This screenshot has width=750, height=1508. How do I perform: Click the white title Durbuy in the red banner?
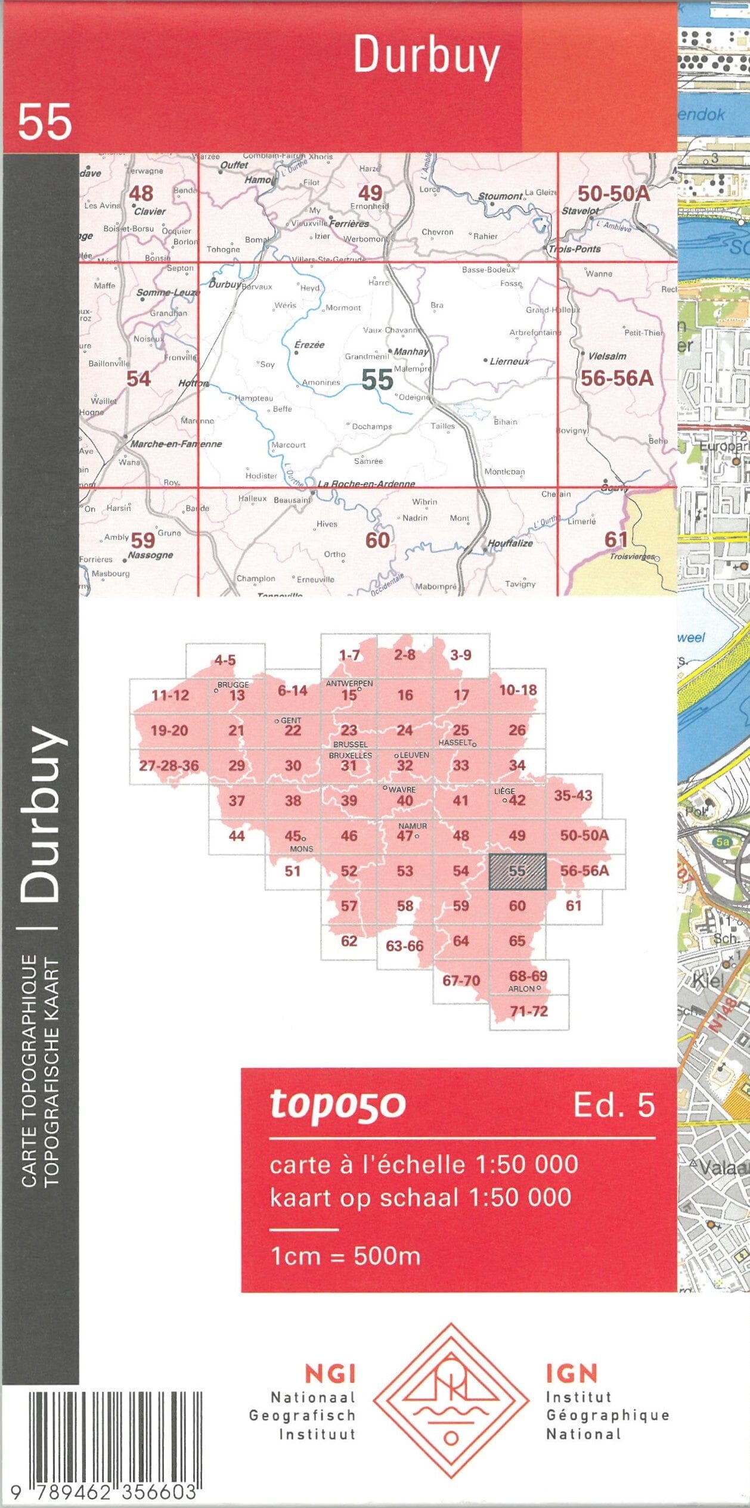click(426, 55)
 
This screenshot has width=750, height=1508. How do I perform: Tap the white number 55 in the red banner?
click(45, 122)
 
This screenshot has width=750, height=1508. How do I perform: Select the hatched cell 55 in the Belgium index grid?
click(517, 871)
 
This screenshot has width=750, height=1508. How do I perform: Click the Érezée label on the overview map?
click(309, 345)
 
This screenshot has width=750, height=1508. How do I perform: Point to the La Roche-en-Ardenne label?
click(366, 484)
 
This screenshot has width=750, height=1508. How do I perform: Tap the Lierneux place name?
click(509, 361)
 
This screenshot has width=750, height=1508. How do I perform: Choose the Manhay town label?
click(410, 352)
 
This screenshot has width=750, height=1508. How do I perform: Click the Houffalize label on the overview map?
click(510, 544)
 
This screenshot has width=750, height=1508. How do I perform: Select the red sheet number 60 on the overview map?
click(377, 540)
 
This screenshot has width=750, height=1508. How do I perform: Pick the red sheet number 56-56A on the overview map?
click(616, 378)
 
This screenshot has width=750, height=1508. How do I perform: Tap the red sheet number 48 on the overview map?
click(141, 193)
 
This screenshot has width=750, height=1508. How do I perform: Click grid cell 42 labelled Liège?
click(516, 800)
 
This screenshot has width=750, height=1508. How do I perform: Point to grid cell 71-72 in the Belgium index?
click(528, 1011)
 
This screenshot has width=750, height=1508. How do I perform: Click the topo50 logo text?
click(337, 1104)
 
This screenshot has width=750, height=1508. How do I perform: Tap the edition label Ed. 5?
click(613, 1105)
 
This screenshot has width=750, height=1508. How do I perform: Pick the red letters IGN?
click(571, 1373)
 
